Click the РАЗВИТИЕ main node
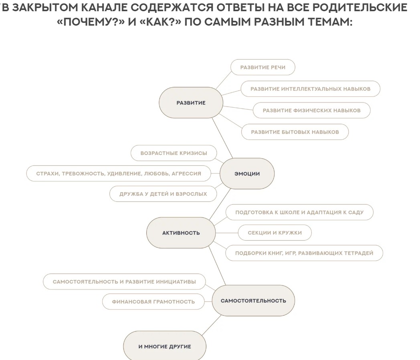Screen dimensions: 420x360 (191, 103)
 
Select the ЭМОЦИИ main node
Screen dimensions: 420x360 (247, 173)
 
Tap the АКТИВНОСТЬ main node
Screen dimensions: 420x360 (181, 233)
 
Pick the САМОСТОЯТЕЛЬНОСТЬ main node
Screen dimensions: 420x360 (253, 301)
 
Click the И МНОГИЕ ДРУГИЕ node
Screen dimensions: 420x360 (165, 346)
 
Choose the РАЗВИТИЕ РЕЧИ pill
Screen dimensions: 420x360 (263, 67)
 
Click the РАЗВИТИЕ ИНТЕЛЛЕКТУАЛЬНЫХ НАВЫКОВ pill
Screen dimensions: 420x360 (311, 89)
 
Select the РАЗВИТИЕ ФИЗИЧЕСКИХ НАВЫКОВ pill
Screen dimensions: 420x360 (311, 110)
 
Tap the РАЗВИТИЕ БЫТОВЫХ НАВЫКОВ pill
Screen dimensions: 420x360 (295, 132)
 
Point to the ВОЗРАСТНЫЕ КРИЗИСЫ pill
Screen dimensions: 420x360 (174, 153)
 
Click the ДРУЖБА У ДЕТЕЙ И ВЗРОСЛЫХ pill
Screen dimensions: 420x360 (163, 194)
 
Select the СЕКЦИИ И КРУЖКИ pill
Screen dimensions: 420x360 (275, 233)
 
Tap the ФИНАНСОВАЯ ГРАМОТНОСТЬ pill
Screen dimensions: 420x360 (153, 302)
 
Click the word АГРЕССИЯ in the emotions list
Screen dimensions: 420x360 (186, 173)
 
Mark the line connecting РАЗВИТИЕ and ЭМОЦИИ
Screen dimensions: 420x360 (222, 138)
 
